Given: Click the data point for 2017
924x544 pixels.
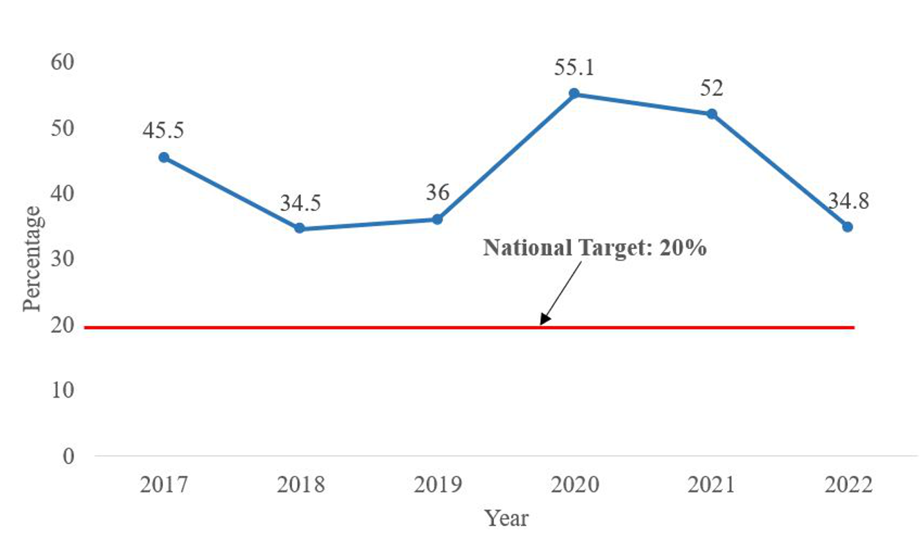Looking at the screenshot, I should (x=164, y=158).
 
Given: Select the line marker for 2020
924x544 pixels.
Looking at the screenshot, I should (x=574, y=94).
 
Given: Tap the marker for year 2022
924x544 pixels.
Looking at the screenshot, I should (x=847, y=227).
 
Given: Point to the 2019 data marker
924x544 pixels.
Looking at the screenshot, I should (x=437, y=219).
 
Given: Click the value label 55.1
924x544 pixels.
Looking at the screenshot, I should (x=574, y=68).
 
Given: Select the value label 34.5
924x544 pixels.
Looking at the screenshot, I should (x=300, y=203).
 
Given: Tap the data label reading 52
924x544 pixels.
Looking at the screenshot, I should (x=711, y=88).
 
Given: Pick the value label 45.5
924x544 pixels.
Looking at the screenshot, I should (x=164, y=131).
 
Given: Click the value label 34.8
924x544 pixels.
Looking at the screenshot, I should (x=847, y=202).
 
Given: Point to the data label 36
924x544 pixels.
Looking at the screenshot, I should (x=437, y=193).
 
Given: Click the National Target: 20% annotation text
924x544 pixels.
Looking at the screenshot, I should (x=594, y=248).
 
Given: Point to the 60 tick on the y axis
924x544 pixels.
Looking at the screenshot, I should (x=62, y=62).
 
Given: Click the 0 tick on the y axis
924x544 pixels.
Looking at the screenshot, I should (x=69, y=456).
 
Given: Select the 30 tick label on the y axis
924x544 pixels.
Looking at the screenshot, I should (x=62, y=259).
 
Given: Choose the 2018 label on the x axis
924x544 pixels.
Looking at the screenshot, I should (x=300, y=484).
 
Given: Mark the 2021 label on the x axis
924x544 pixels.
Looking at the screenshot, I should (x=711, y=484).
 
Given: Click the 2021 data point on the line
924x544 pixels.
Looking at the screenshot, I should (x=711, y=114).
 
